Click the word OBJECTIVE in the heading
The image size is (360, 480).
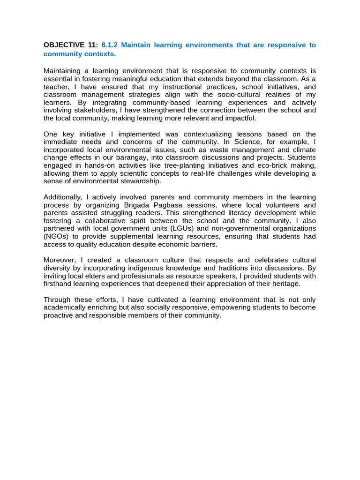pyautogui.click(x=63, y=45)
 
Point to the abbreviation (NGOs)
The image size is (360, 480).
pyautogui.click(x=59, y=237)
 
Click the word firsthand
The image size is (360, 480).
pyautogui.click(x=58, y=284)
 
